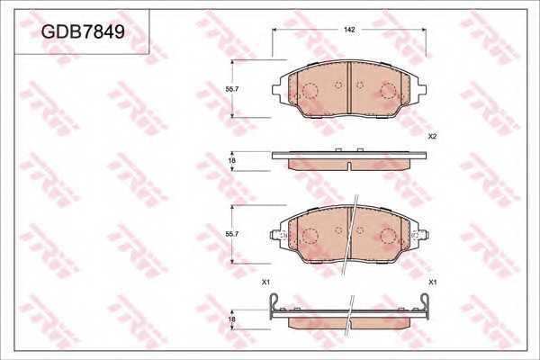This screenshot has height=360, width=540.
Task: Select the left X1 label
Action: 265,283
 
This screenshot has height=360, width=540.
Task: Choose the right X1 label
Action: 433,283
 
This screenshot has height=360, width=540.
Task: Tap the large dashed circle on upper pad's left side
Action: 310,91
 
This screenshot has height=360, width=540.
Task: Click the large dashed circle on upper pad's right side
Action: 389,90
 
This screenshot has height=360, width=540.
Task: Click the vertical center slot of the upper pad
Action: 349,77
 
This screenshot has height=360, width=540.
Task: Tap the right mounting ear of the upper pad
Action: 421,88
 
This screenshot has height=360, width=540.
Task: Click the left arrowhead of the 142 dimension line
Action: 275,30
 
